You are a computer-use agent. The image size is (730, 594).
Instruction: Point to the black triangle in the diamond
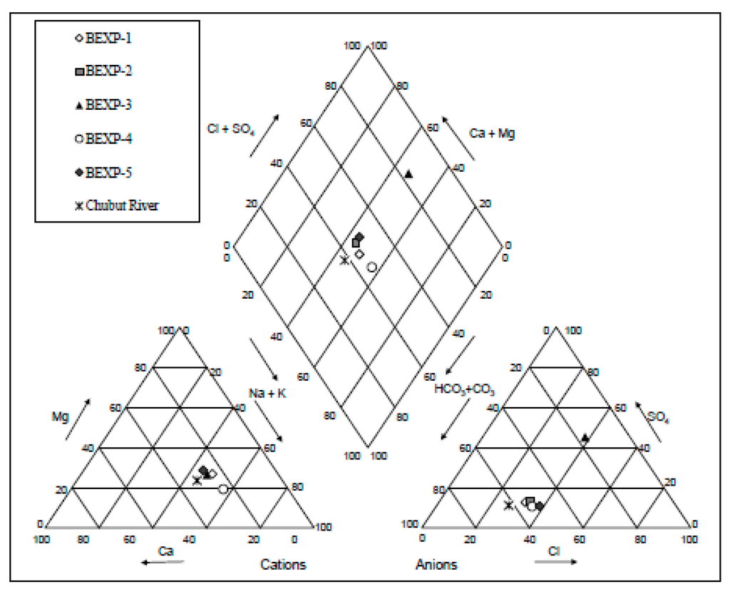pyautogui.click(x=408, y=173)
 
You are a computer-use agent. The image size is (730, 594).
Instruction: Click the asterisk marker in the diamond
pyautogui.click(x=344, y=260)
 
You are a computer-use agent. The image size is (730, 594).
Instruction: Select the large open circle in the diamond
pyautogui.click(x=371, y=267)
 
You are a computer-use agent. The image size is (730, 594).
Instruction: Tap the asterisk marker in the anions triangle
pyautogui.click(x=508, y=506)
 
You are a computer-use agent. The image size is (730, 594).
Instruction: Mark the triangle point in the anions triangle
pyautogui.click(x=585, y=438)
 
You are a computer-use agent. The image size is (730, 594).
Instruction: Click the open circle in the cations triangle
pyautogui.click(x=223, y=488)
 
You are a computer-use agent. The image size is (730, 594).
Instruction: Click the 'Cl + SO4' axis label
pyautogui.click(x=227, y=129)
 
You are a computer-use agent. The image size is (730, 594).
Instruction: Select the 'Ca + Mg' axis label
pyautogui.click(x=492, y=133)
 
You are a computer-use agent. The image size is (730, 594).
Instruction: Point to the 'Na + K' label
pyautogui.click(x=263, y=393)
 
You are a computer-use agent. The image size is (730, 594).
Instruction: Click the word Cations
pyautogui.click(x=283, y=565)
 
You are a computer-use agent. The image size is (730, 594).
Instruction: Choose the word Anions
pyautogui.click(x=436, y=565)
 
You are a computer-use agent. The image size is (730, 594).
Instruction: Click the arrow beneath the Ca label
pyautogui.click(x=162, y=563)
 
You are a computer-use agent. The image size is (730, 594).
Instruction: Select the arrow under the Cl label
pyautogui.click(x=555, y=562)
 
